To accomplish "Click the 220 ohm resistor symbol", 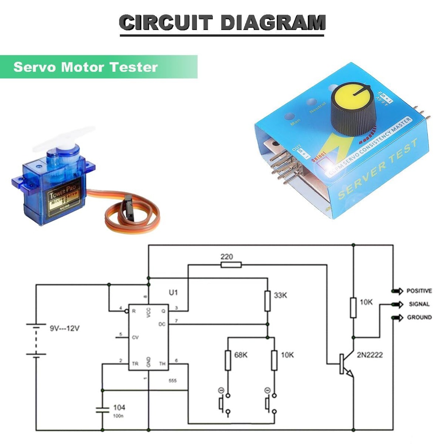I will click(x=231, y=265).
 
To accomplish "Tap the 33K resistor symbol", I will click(x=267, y=301).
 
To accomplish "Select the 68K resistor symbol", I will click(x=228, y=360).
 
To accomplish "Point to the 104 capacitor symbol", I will click(x=102, y=410).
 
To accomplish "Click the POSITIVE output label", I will click(x=419, y=291).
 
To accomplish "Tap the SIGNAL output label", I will click(x=419, y=304).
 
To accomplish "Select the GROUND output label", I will click(x=419, y=317).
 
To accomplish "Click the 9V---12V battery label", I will click(x=65, y=328).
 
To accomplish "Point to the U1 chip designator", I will click(x=173, y=292).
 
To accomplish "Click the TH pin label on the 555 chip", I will click(x=162, y=364).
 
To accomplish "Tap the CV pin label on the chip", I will click(x=135, y=337).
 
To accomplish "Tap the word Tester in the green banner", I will click(x=137, y=67).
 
